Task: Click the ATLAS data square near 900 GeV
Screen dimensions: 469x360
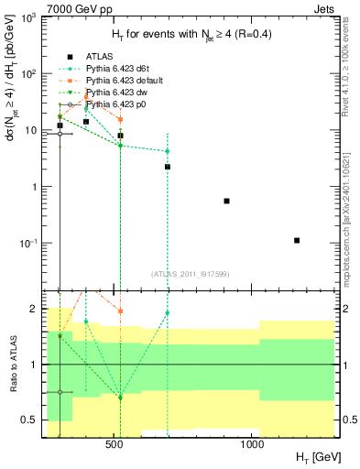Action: [x=226, y=201]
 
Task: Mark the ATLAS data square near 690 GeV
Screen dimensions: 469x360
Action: [x=168, y=167]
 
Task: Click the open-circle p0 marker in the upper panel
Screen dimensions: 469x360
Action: [x=60, y=134]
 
